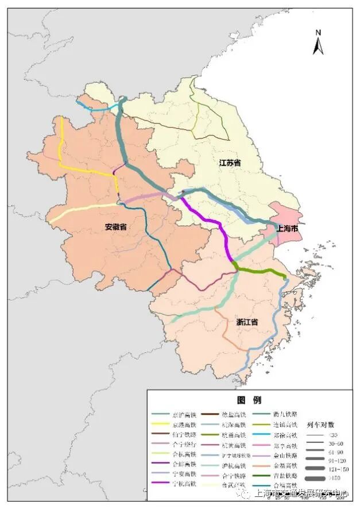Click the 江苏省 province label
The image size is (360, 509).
click(x=230, y=163)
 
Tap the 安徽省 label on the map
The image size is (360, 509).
click(x=115, y=226)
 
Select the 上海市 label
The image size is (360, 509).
click(x=287, y=229)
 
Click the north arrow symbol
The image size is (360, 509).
click(x=318, y=43)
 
